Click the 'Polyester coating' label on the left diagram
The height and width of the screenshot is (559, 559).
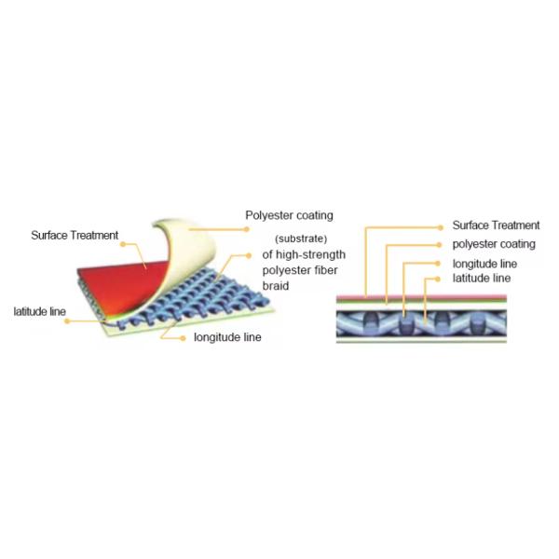pyautogui.click(x=289, y=215)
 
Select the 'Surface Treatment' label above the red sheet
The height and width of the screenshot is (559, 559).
pyautogui.click(x=75, y=236)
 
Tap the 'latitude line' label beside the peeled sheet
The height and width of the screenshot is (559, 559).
pyautogui.click(x=39, y=311)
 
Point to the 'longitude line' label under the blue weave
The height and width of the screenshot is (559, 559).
pyautogui.click(x=227, y=337)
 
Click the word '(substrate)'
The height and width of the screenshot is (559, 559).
pyautogui.click(x=301, y=239)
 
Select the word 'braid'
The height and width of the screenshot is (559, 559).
pyautogui.click(x=276, y=286)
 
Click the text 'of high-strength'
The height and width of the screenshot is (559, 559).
pyautogui.click(x=304, y=254)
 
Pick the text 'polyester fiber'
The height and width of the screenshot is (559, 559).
pyautogui.click(x=300, y=270)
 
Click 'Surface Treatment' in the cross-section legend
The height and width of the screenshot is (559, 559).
pyautogui.click(x=496, y=225)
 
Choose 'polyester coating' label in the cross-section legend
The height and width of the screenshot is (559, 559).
pyautogui.click(x=494, y=244)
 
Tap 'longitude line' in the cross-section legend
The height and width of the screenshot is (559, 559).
pyautogui.click(x=484, y=264)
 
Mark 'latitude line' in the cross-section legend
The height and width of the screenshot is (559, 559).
pyautogui.click(x=482, y=278)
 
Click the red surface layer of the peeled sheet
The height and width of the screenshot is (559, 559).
pyautogui.click(x=121, y=285)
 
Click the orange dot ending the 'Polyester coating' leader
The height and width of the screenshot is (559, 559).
pyautogui.click(x=246, y=229)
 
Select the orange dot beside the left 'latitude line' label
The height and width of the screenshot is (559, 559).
pyautogui.click(x=67, y=321)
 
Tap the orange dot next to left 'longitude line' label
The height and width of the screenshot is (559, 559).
pyautogui.click(x=183, y=338)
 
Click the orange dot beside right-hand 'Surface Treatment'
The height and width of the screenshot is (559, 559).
pyautogui.click(x=441, y=227)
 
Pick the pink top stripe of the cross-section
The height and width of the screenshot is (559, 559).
pyautogui.click(x=421, y=297)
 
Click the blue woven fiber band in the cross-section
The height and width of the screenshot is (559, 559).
pyautogui.click(x=421, y=323)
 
